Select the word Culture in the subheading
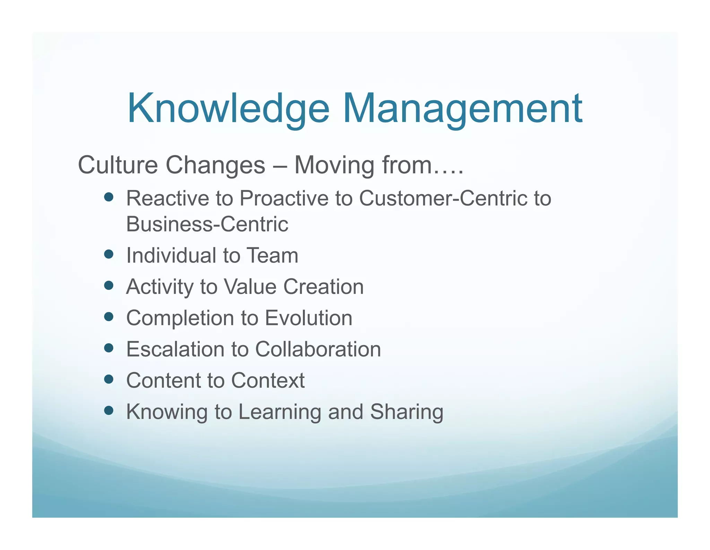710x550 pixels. [x=118, y=165]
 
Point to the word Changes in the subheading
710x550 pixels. [x=215, y=165]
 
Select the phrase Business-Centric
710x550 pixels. [x=207, y=224]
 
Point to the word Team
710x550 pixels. [x=272, y=255]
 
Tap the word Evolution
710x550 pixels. [x=309, y=318]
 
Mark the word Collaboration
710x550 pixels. [x=318, y=349]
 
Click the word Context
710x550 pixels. [x=268, y=380]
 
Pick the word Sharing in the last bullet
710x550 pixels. [x=407, y=412]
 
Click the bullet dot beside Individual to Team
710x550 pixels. [x=109, y=254]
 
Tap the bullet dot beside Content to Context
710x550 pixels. [x=109, y=379]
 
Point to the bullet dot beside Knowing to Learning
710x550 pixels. [x=109, y=411]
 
